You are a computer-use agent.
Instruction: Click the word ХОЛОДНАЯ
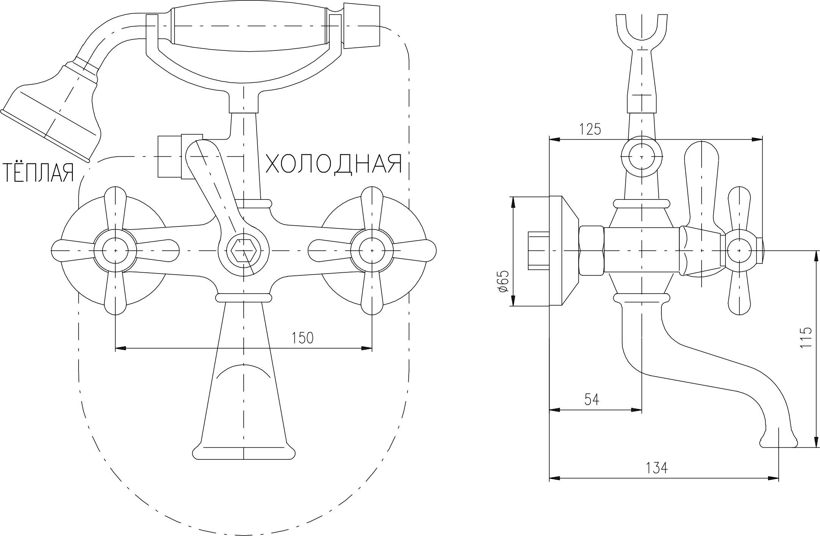[x=333, y=164]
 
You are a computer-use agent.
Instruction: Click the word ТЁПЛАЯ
[x=38, y=173]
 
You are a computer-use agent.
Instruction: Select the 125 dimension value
[x=590, y=129]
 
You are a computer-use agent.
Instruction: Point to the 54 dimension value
[x=592, y=399]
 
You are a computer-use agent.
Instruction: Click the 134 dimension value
[x=656, y=468]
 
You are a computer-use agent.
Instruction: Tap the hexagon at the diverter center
[x=244, y=251]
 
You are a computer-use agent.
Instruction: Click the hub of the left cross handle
[x=115, y=250]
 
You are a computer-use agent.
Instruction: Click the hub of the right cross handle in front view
[x=372, y=250]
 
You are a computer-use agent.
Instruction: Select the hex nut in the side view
[x=591, y=250]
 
